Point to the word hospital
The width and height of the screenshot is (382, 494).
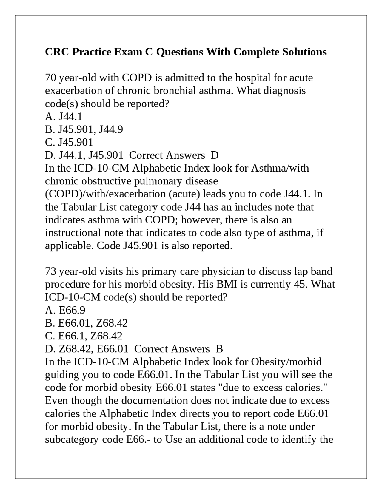pos(253,78)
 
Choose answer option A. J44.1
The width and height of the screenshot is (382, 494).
pos(64,116)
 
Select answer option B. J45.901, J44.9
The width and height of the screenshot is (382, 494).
pos(84,129)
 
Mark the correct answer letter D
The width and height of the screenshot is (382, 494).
pos(215,155)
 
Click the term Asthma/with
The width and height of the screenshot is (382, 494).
pos(280,168)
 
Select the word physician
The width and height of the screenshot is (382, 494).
pos(229,271)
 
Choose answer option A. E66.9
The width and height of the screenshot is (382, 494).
pos(65,310)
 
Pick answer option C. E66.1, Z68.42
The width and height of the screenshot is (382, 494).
pos(84,336)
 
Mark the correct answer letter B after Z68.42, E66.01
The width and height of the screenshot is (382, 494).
pos(219,349)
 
